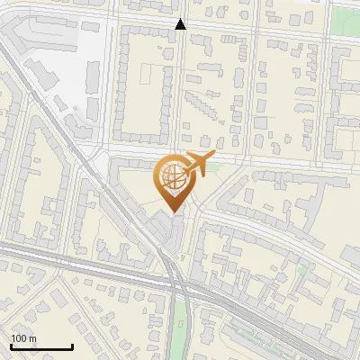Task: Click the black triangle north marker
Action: (181, 24)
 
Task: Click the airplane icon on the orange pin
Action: (197, 165)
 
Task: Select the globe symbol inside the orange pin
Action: (171, 177)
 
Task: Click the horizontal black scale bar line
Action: (41, 346)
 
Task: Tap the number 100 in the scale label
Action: (19, 338)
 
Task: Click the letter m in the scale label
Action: (32, 338)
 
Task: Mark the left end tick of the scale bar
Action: (11, 346)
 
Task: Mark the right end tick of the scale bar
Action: (72, 346)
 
